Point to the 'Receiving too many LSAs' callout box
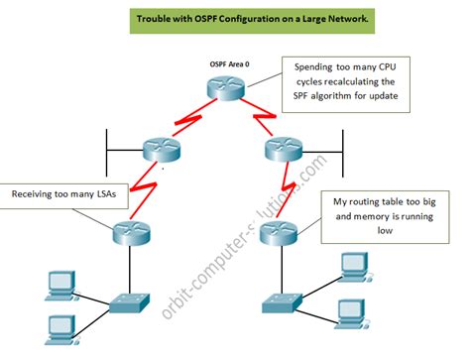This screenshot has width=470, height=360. [63, 195]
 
